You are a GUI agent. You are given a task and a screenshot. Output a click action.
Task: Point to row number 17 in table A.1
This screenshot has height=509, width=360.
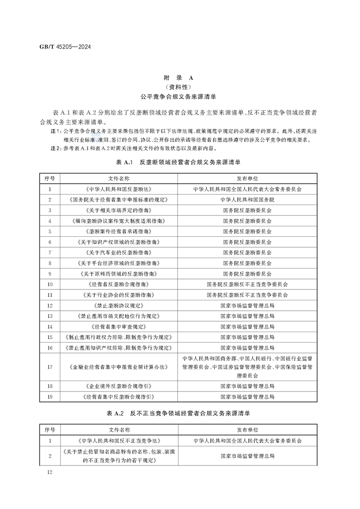(50, 367)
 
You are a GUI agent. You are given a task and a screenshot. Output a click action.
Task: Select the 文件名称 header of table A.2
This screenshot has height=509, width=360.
(118, 429)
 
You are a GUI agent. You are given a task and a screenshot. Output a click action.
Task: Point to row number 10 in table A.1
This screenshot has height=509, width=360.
(50, 284)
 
